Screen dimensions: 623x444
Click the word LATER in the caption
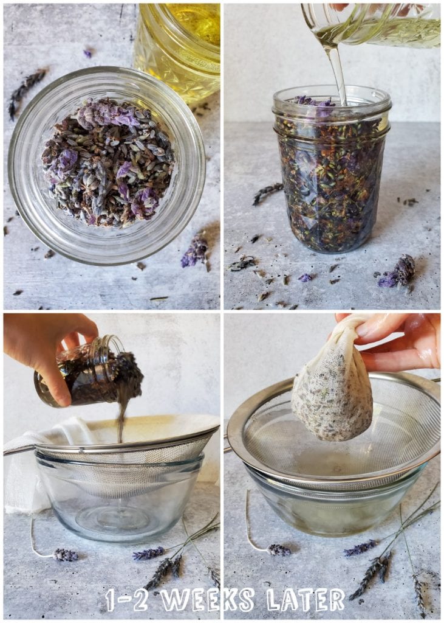coord(306,599)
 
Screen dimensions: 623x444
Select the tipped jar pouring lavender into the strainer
coord(88,374)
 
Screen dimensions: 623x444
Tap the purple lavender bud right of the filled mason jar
coord(398,271)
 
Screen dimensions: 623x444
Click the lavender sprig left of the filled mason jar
coord(267,192)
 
